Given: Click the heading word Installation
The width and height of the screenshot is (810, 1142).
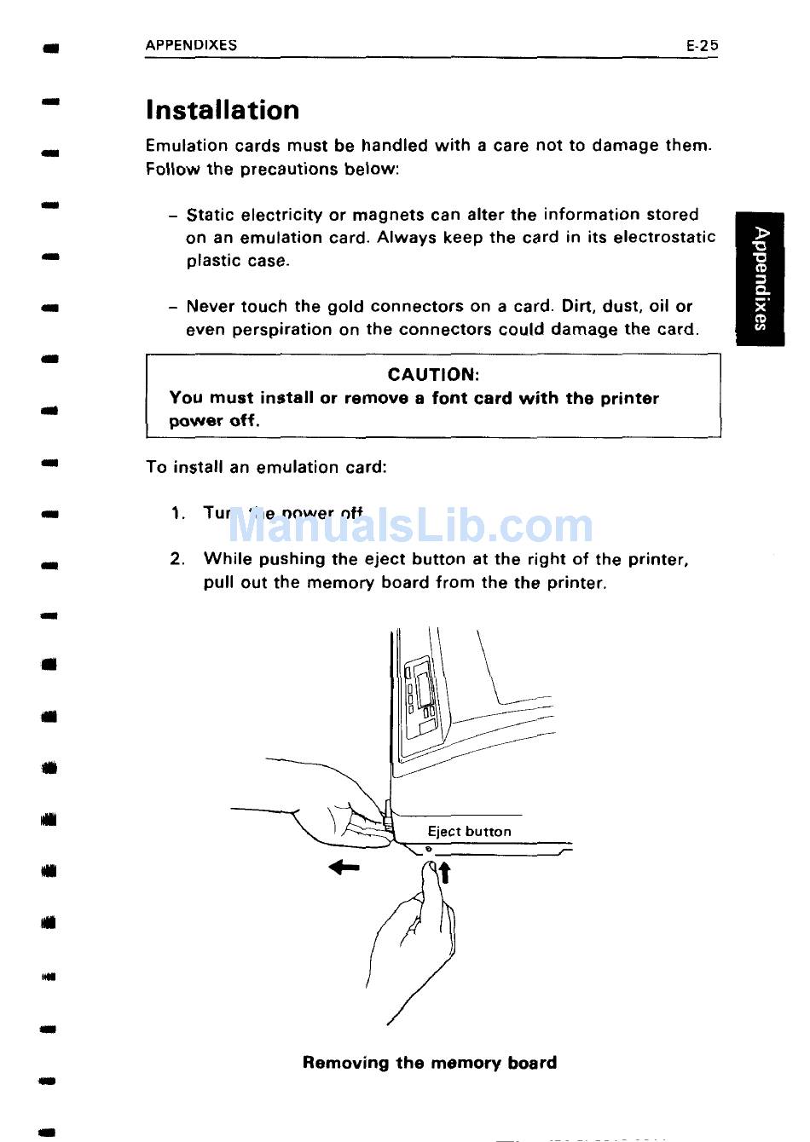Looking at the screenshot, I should (x=223, y=110).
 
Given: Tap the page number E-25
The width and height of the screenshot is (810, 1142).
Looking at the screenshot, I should (x=702, y=46).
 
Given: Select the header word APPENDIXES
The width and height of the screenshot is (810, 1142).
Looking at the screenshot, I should (x=191, y=46).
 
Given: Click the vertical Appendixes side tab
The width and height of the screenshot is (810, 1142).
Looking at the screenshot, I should (x=761, y=278).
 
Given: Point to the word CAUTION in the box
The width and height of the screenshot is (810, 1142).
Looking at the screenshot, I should (x=433, y=374).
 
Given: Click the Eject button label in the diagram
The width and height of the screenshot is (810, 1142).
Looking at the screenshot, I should (x=469, y=832).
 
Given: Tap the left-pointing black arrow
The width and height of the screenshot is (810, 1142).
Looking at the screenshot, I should (x=344, y=868).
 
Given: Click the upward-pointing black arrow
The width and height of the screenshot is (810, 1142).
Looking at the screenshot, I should (x=443, y=873).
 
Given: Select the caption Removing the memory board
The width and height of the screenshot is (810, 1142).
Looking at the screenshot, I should (x=430, y=1063).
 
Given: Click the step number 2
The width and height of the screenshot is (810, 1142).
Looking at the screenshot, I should (x=176, y=559).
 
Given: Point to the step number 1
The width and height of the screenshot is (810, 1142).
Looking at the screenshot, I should (x=177, y=513).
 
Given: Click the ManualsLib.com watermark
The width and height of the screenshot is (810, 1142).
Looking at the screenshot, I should (x=410, y=525).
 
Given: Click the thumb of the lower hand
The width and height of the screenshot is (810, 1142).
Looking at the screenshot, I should (x=431, y=878).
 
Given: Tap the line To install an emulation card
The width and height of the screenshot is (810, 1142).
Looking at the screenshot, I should (x=266, y=467).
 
